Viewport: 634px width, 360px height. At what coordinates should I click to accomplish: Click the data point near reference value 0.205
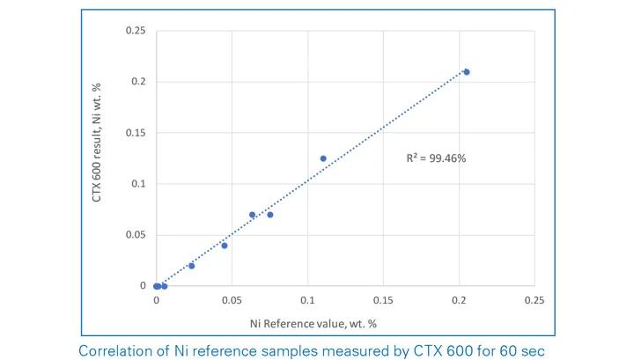[467, 72]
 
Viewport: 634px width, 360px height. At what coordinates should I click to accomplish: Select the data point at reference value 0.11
[323, 158]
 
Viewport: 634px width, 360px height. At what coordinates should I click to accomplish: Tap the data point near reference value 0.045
[225, 246]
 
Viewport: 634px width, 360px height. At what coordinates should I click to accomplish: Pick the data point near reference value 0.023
[192, 266]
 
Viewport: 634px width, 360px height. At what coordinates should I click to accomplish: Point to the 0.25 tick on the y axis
[135, 31]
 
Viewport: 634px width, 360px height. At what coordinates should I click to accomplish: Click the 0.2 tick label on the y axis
[137, 82]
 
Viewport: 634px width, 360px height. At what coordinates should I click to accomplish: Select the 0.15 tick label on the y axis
[135, 133]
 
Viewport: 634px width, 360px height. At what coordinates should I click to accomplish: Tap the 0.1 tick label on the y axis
[137, 184]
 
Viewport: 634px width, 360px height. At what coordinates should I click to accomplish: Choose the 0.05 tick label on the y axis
[135, 235]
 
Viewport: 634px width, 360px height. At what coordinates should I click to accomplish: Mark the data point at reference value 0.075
[270, 215]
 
